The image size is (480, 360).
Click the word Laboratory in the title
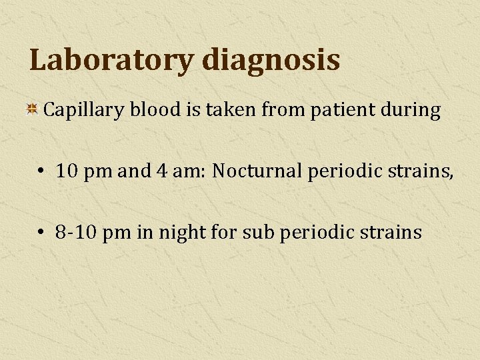click(111, 60)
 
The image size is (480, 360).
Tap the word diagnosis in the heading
click(270, 60)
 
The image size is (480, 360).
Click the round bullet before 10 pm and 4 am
click(41, 171)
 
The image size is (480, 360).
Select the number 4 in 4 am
click(161, 171)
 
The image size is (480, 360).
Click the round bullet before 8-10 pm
click(41, 232)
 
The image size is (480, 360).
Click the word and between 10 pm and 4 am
click(135, 171)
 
